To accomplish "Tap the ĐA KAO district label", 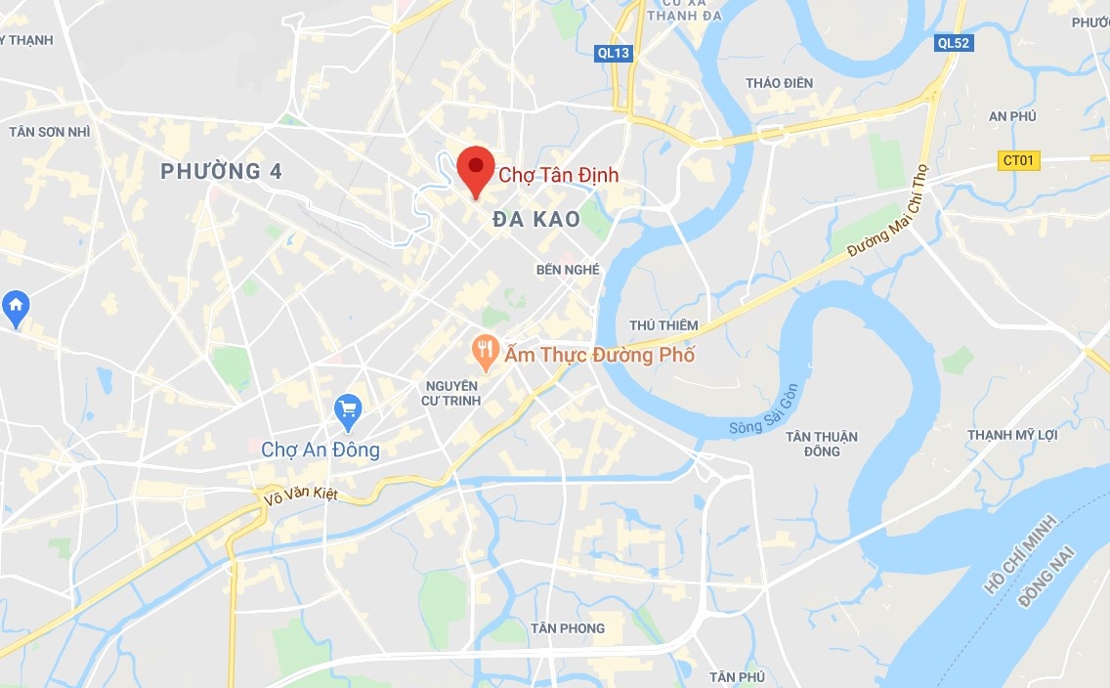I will click(536, 220).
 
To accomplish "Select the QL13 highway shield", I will click(614, 53).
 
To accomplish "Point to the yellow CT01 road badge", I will click(1019, 160).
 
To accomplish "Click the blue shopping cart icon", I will click(348, 409).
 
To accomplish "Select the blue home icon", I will click(16, 306).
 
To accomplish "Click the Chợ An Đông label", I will click(320, 451).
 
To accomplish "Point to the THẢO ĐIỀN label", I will click(779, 83).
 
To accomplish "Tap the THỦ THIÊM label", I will click(663, 324).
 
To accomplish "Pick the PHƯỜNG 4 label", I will click(222, 172).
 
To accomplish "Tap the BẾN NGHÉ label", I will click(568, 269).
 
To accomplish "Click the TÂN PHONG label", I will click(568, 628).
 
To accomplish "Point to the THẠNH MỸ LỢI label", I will click(1012, 435).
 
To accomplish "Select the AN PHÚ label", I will click(1012, 116).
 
